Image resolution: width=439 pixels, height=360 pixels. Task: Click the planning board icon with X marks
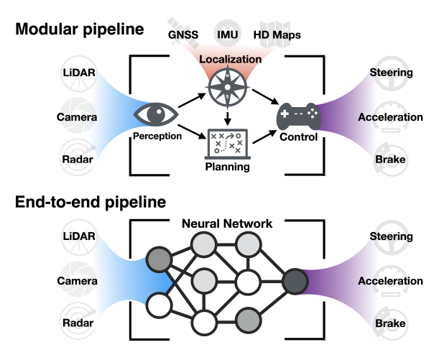coord(226,144)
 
